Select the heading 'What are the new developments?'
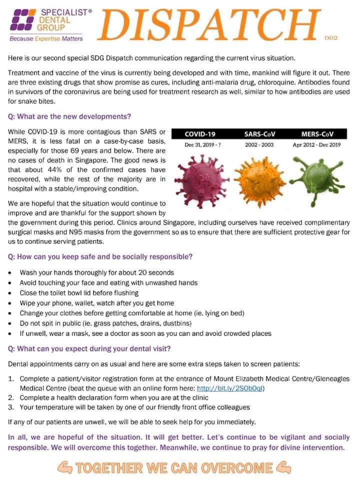(x=70, y=116)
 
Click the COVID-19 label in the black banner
(x=200, y=134)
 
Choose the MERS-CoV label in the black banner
(x=317, y=134)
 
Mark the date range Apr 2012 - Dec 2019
(x=317, y=145)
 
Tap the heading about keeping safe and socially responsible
(x=100, y=256)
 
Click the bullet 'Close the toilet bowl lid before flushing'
(x=79, y=292)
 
